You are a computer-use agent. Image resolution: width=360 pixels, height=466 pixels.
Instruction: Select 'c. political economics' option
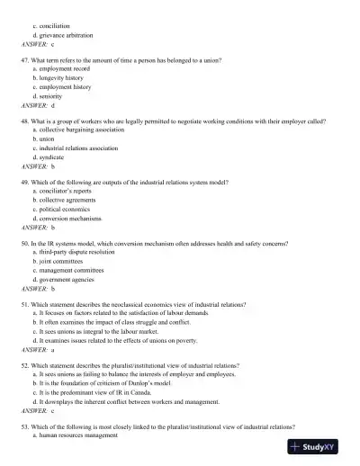66,210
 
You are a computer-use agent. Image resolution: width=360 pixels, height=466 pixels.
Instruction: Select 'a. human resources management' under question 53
75,435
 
